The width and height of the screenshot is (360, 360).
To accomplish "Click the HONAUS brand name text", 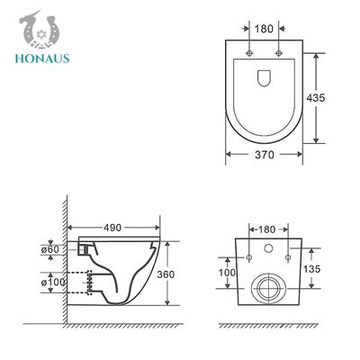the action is point(42,58).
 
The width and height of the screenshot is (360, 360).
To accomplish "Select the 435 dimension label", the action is point(316,98).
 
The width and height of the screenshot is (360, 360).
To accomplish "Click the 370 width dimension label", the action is point(265,155).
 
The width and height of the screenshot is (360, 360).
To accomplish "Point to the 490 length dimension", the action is point(112,228).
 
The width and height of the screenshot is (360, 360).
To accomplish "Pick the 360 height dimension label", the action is point(166,274).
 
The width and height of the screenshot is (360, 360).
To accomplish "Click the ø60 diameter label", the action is point(50,249).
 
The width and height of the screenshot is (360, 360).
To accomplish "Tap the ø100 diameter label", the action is point(53,283).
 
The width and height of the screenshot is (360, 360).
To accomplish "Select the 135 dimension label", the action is point(311,269).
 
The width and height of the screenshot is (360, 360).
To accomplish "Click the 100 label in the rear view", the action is point(227,273).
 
